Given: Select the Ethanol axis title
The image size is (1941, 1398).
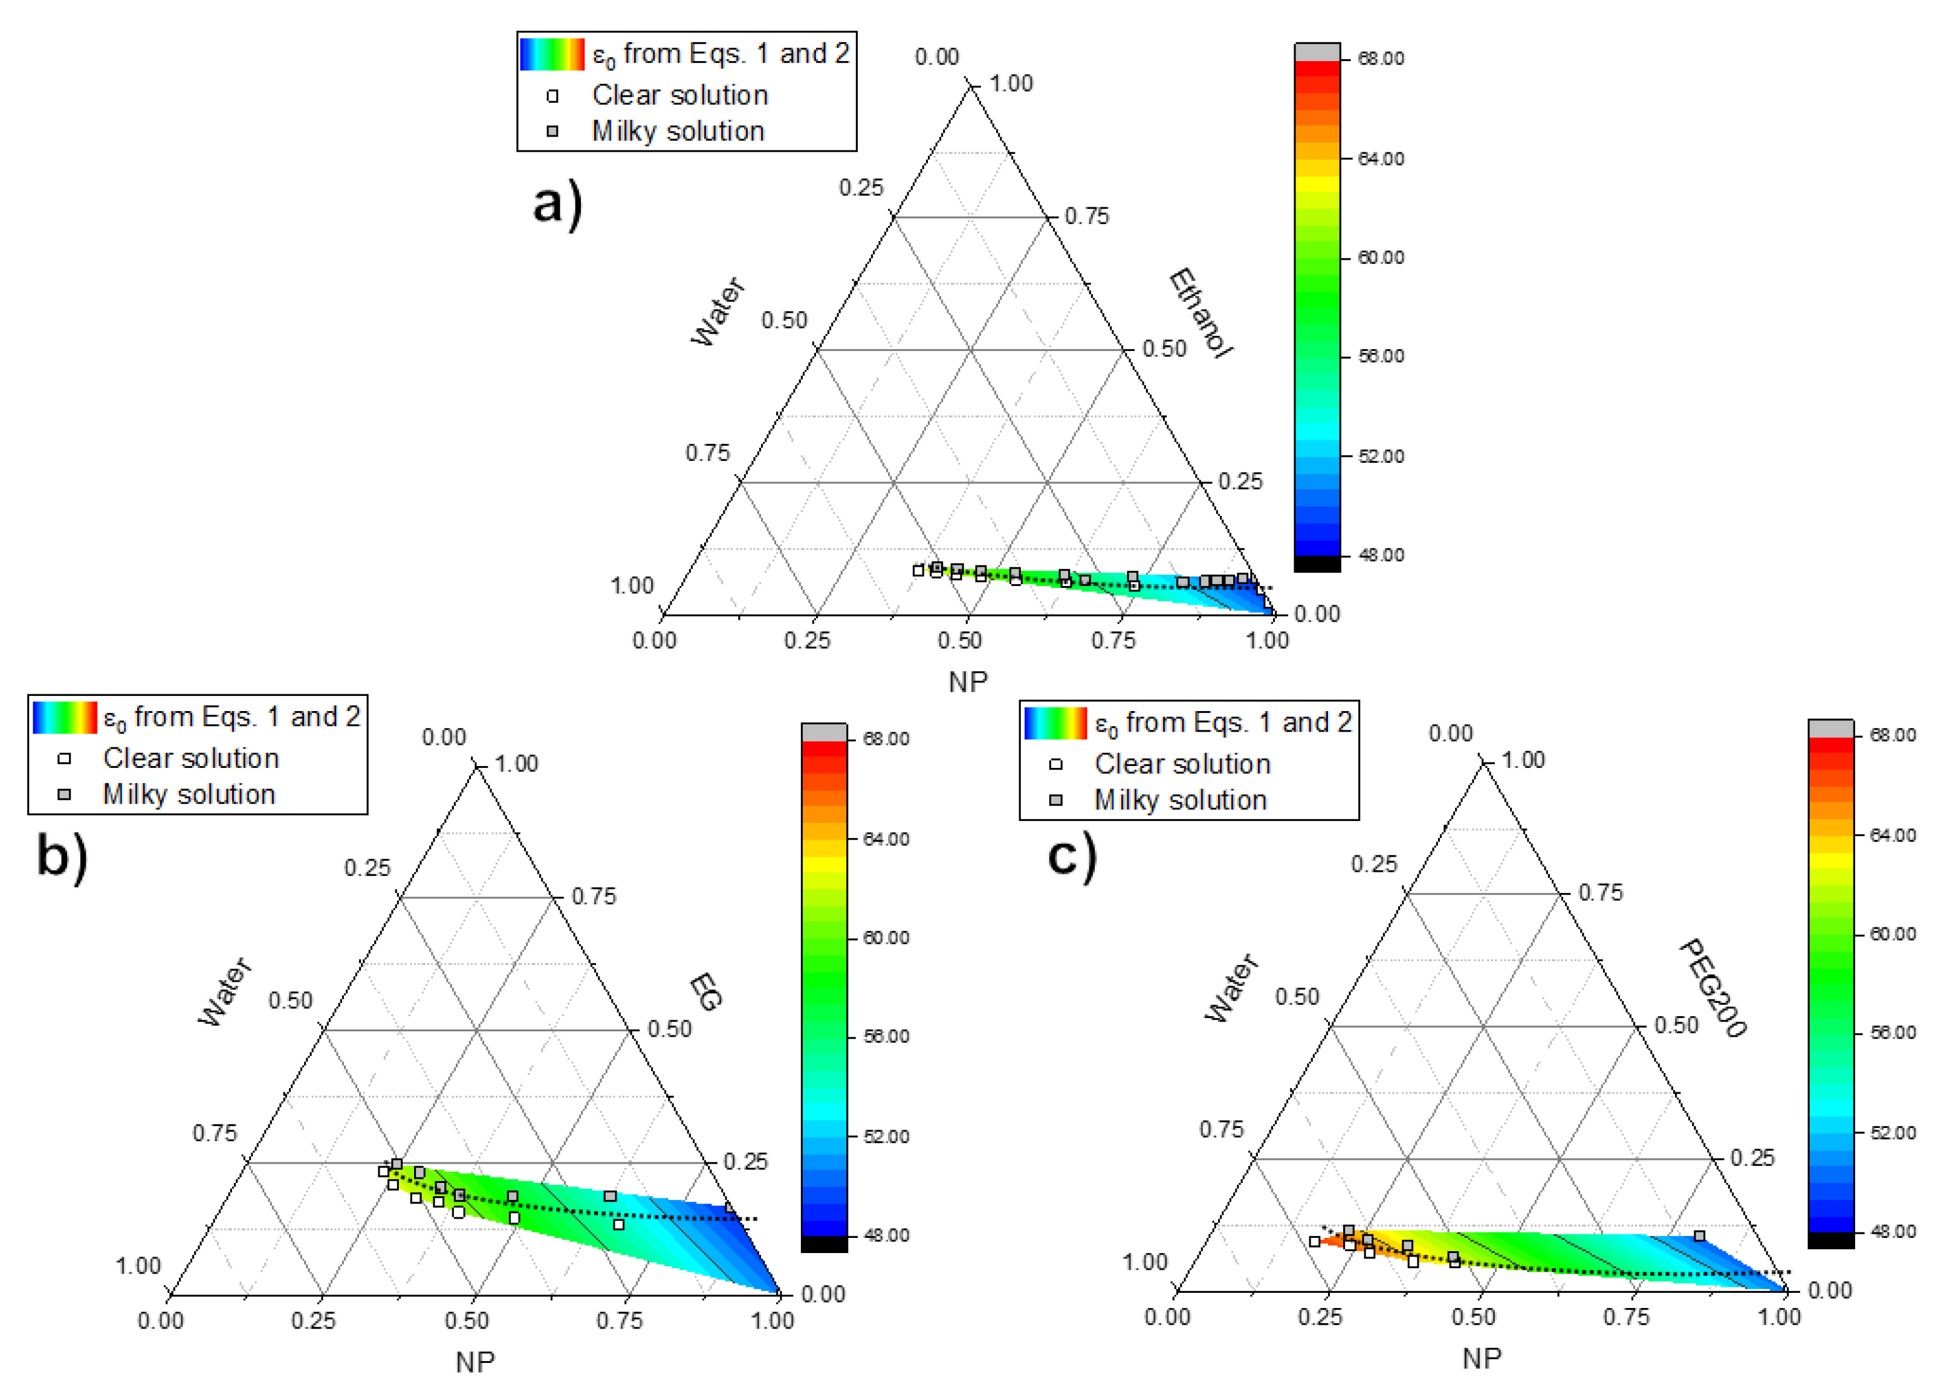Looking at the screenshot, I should (1200, 312).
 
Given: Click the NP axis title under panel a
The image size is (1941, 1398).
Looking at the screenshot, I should (968, 682).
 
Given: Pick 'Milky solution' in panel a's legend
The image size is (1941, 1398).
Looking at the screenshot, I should (677, 131).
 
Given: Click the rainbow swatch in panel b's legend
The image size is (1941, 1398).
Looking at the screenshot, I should (64, 717).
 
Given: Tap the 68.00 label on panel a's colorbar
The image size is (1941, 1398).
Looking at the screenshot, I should (1381, 58).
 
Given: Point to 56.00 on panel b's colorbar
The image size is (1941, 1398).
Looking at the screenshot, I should (886, 1037).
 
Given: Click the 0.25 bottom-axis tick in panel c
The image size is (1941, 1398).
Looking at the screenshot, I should (1320, 1316).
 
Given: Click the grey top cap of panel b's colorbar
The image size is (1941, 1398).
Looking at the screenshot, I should (824, 732).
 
